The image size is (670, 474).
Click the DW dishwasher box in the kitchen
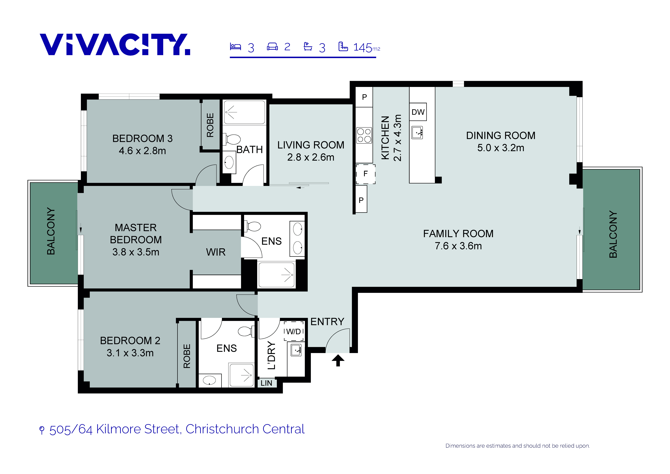418,112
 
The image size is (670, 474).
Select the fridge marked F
366,174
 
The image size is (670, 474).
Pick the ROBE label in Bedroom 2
187,356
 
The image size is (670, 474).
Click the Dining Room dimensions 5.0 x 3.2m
501,148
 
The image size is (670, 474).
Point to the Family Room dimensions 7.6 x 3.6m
458,246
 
